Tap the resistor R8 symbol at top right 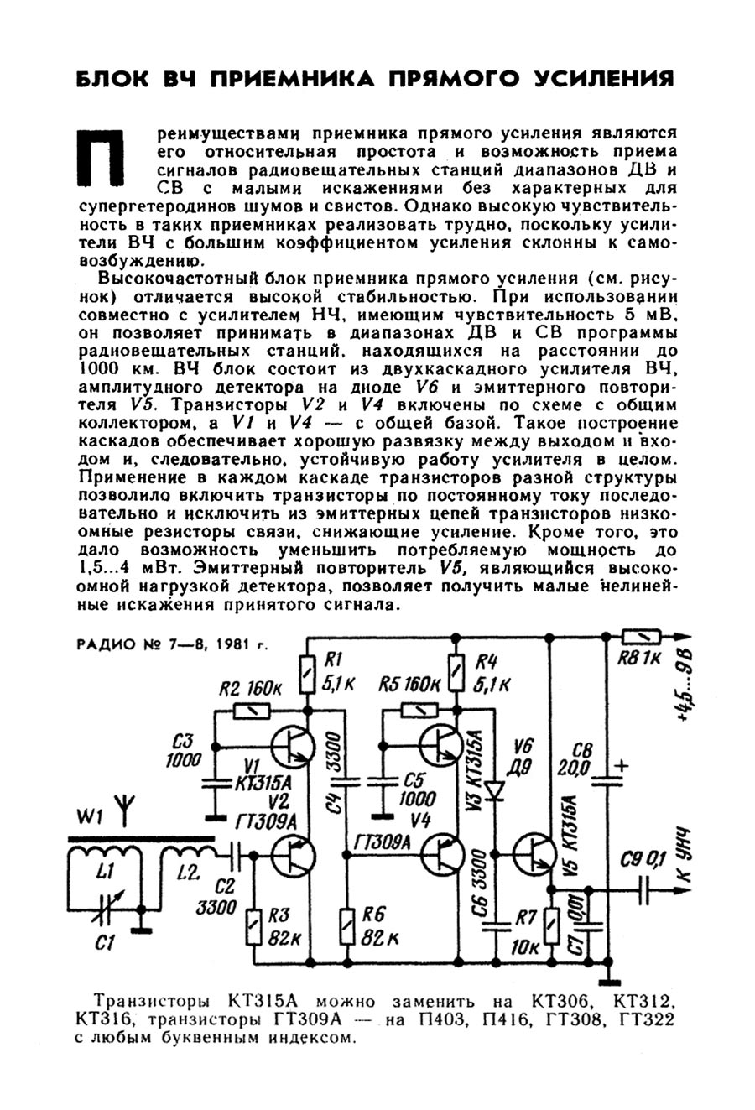click(x=642, y=637)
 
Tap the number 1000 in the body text click(x=103, y=368)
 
